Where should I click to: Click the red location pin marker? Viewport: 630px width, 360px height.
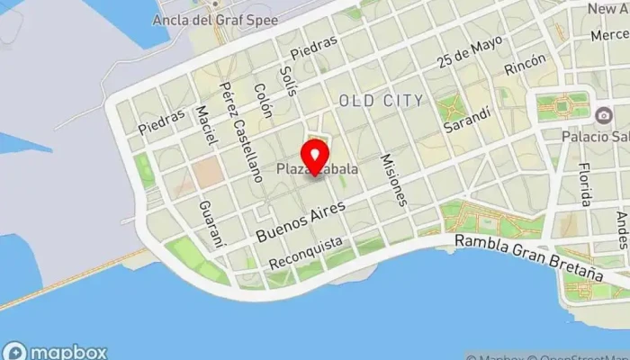(316, 155)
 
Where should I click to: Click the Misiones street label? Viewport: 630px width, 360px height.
(395, 179)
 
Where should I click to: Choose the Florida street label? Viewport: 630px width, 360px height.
(586, 184)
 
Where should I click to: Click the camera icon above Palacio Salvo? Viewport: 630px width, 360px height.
(602, 114)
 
